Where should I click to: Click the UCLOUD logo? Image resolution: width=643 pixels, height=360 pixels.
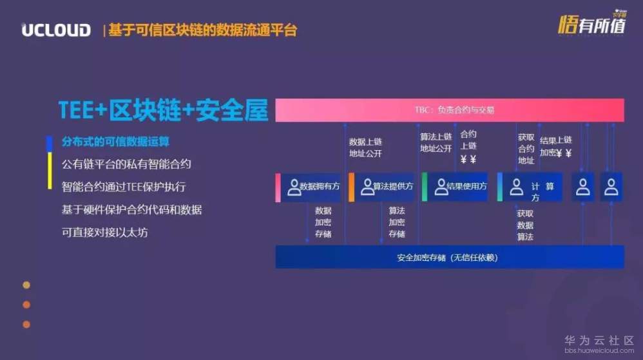point(56,30)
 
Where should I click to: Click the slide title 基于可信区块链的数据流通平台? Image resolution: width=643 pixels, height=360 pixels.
point(202,30)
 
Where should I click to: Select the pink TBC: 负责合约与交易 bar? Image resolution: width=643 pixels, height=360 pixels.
point(450,110)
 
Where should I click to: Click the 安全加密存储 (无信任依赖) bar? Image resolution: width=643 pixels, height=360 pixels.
point(450,257)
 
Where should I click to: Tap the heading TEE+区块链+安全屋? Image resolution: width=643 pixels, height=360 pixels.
point(163,111)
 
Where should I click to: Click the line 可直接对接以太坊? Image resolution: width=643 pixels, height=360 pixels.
point(105,232)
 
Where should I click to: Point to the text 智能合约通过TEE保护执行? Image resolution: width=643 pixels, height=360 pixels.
point(124,187)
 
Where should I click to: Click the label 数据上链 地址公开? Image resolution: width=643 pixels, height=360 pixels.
point(365,147)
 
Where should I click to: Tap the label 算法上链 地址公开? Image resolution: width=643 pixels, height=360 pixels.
point(436,142)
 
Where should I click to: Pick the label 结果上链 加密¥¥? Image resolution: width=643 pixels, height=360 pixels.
point(555,147)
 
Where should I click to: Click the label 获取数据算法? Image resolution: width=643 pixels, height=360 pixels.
point(525,225)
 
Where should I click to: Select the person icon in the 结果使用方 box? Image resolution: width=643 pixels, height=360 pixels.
point(441,187)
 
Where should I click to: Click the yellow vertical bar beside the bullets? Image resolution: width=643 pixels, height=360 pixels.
point(50,171)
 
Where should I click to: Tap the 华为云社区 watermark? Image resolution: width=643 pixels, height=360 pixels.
point(599,341)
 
